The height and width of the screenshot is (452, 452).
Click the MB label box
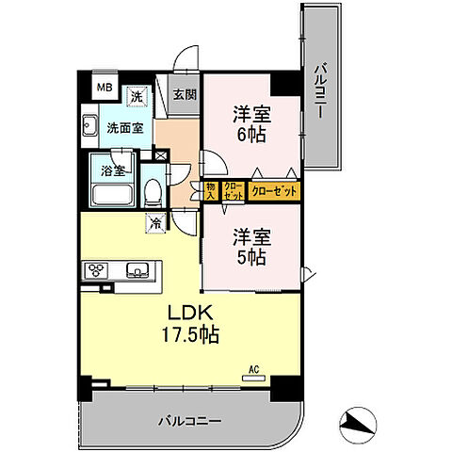pos(105,89)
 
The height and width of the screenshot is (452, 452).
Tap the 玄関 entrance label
pos(185,94)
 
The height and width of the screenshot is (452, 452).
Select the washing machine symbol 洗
pos(137,97)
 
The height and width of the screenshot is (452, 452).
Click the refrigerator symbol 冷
pos(153,224)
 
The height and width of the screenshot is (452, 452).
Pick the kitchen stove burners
pos(98,270)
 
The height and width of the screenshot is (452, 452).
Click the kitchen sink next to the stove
pos(138,271)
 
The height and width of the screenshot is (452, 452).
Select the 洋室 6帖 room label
pos(251,124)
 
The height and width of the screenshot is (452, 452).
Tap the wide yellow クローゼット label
pos(274,191)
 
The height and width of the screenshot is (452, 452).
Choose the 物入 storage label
pos(209,191)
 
